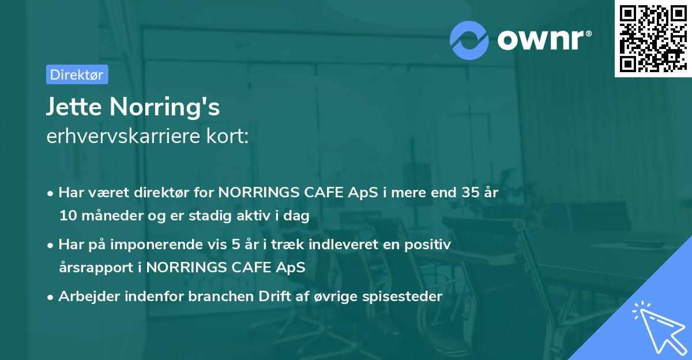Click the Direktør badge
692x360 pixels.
tap(77, 74)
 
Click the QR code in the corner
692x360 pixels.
tap(653, 38)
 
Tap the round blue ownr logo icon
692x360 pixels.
tap(469, 40)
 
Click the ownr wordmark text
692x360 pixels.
tap(543, 40)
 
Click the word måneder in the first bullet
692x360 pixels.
tap(104, 216)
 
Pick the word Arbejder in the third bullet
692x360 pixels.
tap(84, 297)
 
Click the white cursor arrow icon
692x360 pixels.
tap(656, 327)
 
